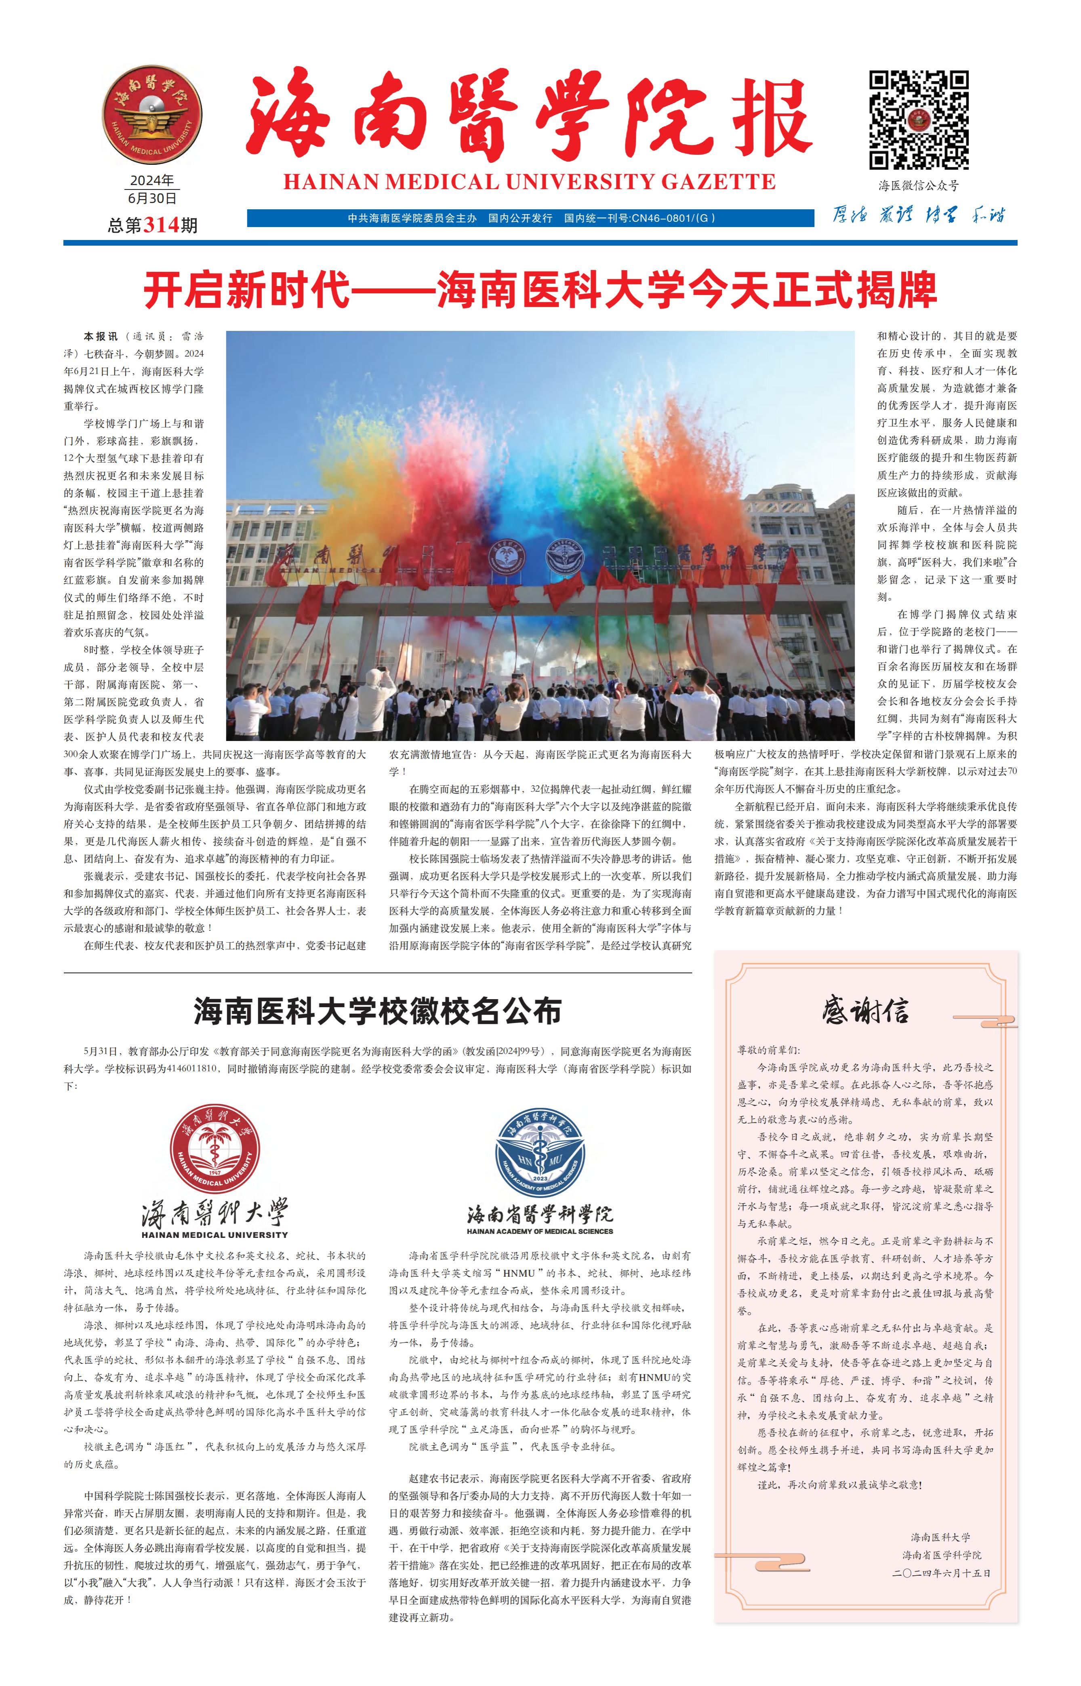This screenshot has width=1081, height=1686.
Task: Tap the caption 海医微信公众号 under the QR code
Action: click(918, 186)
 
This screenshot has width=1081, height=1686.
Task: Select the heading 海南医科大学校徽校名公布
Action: click(378, 1011)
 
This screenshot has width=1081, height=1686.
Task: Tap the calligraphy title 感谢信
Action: click(866, 1011)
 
